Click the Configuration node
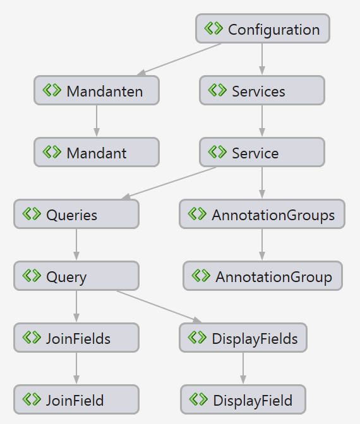[x=263, y=29]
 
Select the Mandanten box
[x=97, y=91]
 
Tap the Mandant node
[x=97, y=153]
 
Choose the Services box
[x=262, y=91]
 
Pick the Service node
[x=262, y=153]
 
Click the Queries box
[x=76, y=215]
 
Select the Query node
[x=76, y=276]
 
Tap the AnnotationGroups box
[x=262, y=215]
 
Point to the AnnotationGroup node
[x=263, y=276]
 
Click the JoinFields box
[x=76, y=338]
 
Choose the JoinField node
[x=76, y=400]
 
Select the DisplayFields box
[x=243, y=338]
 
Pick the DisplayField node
[x=243, y=400]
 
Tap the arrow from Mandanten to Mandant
[x=97, y=121]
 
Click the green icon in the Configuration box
[x=214, y=29]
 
